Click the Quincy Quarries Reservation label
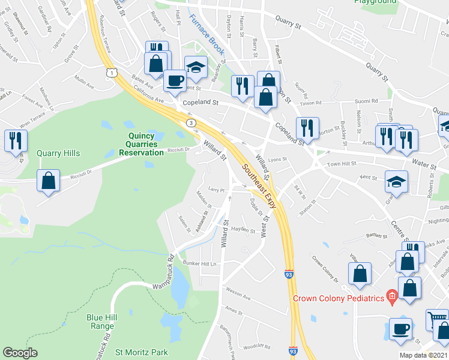(x=145, y=144)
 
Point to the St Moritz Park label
(x=142, y=352)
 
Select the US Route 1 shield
(x=110, y=72)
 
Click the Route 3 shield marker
(x=190, y=123)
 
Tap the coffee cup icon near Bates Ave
(x=175, y=80)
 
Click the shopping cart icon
(x=437, y=318)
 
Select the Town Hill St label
(x=341, y=164)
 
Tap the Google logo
(x=20, y=353)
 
